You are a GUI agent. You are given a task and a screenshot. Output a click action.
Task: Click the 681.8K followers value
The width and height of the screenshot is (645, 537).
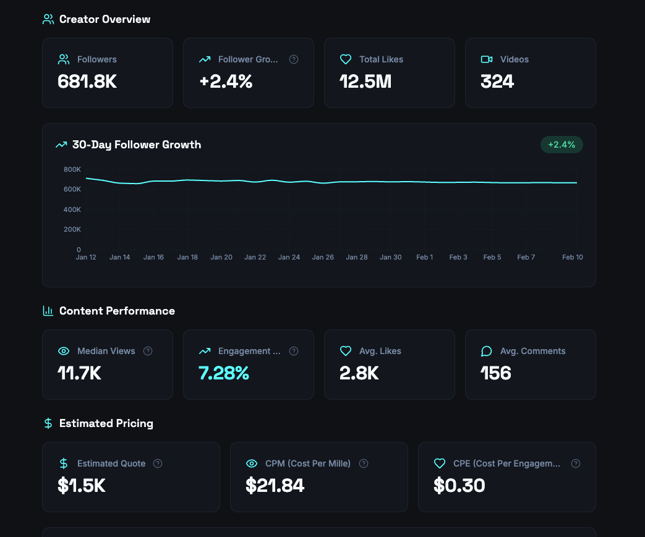tap(87, 82)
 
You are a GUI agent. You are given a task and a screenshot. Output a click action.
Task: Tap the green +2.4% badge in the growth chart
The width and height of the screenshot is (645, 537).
tap(562, 145)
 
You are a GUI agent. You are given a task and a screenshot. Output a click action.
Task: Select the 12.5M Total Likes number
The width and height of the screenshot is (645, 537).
tap(365, 82)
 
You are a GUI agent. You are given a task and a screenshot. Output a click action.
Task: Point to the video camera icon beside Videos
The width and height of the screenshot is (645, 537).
tap(487, 59)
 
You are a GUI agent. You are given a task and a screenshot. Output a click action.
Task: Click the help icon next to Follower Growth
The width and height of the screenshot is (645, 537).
tap(294, 59)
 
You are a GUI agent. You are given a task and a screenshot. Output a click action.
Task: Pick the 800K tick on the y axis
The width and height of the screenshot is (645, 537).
tap(72, 169)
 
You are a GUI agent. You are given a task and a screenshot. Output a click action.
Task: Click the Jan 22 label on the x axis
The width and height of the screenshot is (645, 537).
tap(255, 257)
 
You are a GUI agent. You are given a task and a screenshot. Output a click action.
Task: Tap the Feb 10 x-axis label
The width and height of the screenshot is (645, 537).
tap(573, 257)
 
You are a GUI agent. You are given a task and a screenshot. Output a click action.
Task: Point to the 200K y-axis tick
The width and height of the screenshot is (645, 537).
tap(72, 229)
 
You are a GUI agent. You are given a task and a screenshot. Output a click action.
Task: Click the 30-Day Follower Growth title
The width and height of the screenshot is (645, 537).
tap(136, 145)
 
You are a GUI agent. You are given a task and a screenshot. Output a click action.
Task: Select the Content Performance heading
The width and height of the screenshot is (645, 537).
tap(117, 311)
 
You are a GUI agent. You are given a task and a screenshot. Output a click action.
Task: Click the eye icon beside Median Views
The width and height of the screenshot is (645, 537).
tap(64, 351)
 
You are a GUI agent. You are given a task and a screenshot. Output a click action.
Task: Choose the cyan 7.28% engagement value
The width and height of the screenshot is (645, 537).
tap(224, 373)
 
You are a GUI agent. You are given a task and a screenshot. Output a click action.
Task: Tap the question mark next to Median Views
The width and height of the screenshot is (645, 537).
tap(148, 351)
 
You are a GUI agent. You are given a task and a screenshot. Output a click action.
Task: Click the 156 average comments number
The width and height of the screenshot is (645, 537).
tap(496, 373)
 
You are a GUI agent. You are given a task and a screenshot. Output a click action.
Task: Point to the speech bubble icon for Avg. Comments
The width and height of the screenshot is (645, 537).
tap(487, 351)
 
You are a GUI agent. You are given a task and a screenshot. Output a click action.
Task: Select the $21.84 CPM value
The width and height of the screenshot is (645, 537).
tap(275, 486)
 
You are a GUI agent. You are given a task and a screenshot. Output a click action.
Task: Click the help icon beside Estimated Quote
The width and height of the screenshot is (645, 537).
tap(158, 463)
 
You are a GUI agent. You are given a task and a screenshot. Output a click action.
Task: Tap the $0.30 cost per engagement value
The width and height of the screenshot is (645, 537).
tap(459, 486)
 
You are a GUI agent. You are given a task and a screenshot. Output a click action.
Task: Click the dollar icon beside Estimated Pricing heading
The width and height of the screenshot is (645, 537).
tap(48, 423)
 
